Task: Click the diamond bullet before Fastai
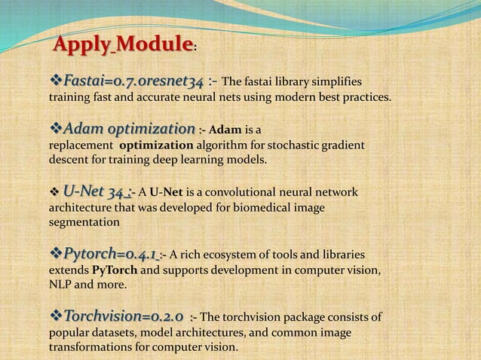[56, 81]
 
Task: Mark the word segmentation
[84, 224]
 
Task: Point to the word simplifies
[335, 82]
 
